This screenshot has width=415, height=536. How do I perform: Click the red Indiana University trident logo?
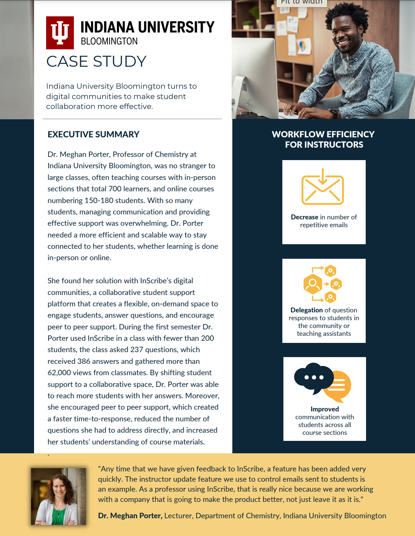(60, 33)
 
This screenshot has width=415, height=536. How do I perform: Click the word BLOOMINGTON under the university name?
(109, 42)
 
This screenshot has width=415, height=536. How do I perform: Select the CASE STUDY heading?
(96, 61)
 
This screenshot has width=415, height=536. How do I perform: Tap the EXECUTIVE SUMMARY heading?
(93, 135)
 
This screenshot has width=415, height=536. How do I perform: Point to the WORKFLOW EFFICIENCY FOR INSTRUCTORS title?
(323, 139)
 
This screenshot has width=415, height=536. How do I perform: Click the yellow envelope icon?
(322, 187)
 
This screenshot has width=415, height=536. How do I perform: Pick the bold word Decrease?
(304, 217)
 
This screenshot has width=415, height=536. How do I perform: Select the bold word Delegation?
(306, 310)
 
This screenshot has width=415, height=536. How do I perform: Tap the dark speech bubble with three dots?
(313, 378)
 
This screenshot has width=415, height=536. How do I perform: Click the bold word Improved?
(325, 409)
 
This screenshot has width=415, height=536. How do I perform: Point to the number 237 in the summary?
(137, 350)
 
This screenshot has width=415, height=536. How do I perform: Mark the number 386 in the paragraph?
(84, 361)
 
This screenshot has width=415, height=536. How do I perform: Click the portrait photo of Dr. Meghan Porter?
(59, 496)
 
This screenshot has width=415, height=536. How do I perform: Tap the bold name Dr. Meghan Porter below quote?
(130, 516)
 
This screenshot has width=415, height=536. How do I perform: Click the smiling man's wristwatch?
(334, 113)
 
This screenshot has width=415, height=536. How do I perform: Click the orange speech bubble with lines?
(339, 385)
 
